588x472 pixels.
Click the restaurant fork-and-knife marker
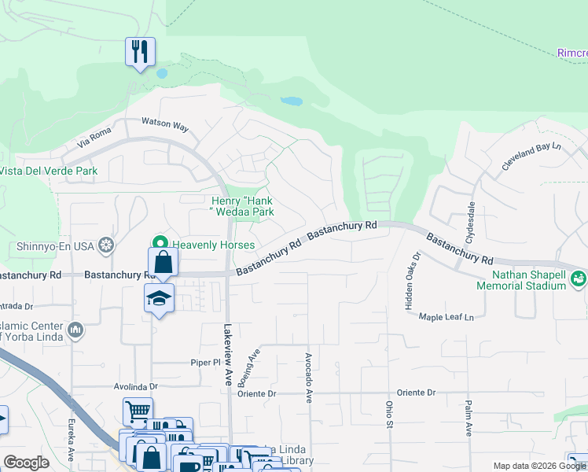[140, 53]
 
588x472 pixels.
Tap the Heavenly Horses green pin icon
[161, 244]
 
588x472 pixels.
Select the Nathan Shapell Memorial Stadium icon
[579, 278]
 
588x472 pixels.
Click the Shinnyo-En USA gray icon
[105, 246]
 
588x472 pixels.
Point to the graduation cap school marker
[159, 299]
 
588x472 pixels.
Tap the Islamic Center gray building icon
[75, 329]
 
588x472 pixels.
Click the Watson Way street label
[165, 124]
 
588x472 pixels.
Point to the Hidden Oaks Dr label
[413, 281]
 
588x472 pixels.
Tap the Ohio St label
[388, 413]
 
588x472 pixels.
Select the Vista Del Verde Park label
[49, 171]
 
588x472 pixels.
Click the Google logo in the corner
[26, 463]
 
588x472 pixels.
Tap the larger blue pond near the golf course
[292, 101]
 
